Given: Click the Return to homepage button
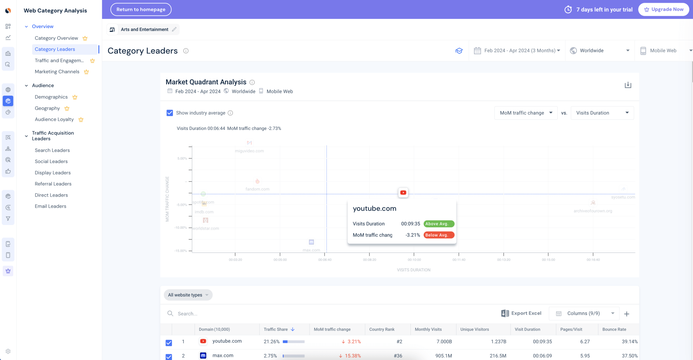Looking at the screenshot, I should [141, 9].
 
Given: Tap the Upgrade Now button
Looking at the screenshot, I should [663, 9].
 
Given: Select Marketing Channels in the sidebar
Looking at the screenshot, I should [57, 72].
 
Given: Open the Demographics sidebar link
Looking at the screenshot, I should [51, 97].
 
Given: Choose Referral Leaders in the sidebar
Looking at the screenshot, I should [53, 184].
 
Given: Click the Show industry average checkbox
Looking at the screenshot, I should [170, 113].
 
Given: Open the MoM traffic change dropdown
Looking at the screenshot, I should [526, 113].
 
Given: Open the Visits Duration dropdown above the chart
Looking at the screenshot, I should [602, 113].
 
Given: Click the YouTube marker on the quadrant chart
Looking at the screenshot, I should [403, 193].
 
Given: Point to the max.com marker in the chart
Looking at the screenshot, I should [311, 242].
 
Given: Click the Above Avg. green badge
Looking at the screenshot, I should [439, 224].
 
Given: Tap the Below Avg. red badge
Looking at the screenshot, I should [439, 235].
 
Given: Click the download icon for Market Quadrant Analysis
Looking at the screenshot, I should [628, 85].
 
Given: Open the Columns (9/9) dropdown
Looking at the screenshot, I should [584, 314].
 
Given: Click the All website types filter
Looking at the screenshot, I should [188, 295].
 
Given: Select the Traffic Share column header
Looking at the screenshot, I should [276, 330].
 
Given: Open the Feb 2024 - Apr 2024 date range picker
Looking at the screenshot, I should [517, 51].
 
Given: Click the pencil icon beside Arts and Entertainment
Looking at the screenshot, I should [174, 29].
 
